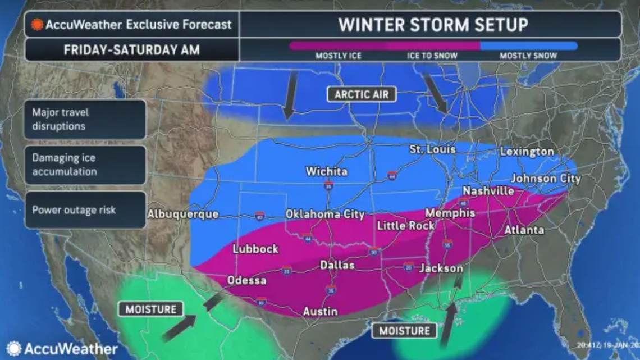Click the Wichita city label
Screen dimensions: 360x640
[x=326, y=171]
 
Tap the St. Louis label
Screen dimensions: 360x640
[x=432, y=150]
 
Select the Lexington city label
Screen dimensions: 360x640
[x=527, y=152]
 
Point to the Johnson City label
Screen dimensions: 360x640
[x=545, y=179]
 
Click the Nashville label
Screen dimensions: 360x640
[x=488, y=191]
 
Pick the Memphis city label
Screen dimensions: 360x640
[x=450, y=213]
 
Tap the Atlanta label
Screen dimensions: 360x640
[x=523, y=230]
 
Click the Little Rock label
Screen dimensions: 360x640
[x=405, y=225]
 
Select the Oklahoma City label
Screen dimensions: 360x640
[x=324, y=215]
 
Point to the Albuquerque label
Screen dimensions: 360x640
[x=182, y=214]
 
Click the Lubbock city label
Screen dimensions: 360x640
[x=255, y=249]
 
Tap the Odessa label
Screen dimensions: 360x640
[x=246, y=280]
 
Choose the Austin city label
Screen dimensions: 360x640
[x=320, y=311]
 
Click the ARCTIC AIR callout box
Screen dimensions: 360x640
[x=362, y=94]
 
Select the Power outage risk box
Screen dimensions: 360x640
[x=85, y=210]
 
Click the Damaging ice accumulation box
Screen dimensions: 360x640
[x=85, y=165]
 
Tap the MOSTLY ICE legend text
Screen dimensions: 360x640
[x=338, y=56]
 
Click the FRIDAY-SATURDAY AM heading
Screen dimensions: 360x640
[x=131, y=49]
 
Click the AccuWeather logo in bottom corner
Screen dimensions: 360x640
[x=62, y=349]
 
